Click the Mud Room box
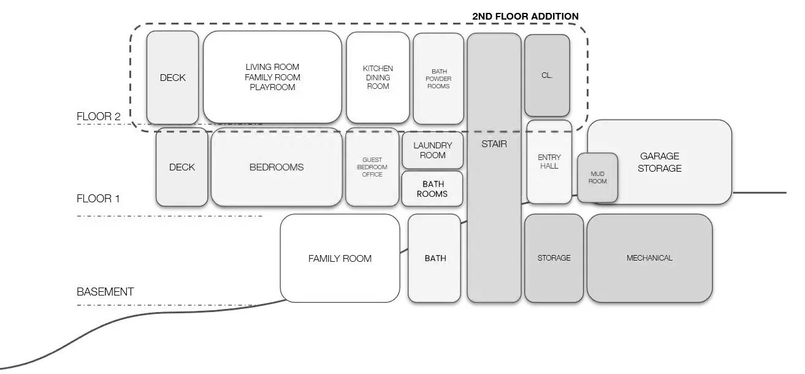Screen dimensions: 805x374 (597, 178)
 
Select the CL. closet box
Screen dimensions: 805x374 (547, 75)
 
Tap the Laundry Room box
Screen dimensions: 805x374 (432, 150)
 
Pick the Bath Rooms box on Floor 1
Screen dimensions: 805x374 (432, 189)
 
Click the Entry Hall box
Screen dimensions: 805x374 (549, 162)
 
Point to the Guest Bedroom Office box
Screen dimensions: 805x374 (372, 167)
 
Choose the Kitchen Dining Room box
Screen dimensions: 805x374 (378, 77)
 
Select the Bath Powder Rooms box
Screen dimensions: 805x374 (438, 78)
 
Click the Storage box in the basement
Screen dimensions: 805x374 (554, 258)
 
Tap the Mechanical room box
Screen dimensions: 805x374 (649, 258)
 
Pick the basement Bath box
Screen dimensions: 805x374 (435, 258)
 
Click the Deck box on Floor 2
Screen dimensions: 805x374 (173, 78)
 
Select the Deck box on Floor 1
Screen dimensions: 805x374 (181, 167)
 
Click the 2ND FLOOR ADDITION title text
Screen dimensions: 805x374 (525, 16)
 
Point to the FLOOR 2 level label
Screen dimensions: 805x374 (99, 116)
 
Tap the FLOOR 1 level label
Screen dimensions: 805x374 (98, 199)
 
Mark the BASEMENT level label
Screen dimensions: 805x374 (105, 292)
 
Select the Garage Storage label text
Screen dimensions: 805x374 (659, 162)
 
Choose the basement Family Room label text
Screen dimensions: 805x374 (340, 258)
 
